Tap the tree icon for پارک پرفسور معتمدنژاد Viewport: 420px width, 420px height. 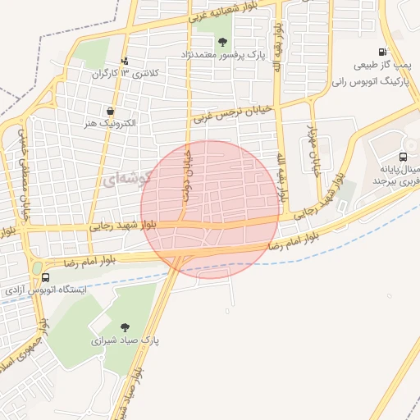[x=223, y=42]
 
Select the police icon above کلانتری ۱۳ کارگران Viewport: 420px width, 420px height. [x=125, y=60]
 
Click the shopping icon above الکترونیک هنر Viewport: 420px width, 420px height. [x=110, y=110]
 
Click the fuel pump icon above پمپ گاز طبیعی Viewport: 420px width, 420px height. [x=383, y=51]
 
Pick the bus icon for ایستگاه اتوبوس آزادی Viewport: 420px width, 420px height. [x=46, y=278]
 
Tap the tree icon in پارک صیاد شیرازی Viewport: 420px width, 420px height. [x=125, y=327]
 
